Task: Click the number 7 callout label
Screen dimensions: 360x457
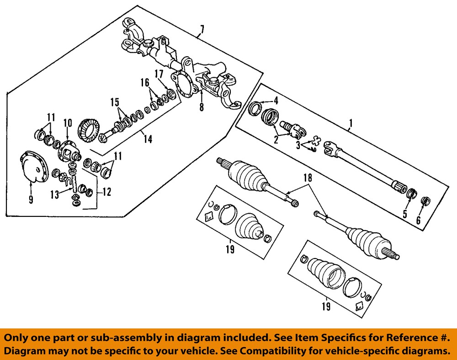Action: (x=202, y=31)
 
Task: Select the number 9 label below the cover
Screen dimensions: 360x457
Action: (x=31, y=200)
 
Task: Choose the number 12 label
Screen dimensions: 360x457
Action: (x=106, y=193)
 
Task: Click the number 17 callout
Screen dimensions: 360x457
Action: (x=159, y=74)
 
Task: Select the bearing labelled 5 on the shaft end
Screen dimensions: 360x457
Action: (x=411, y=193)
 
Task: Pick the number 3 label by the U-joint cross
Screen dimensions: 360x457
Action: (x=297, y=145)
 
